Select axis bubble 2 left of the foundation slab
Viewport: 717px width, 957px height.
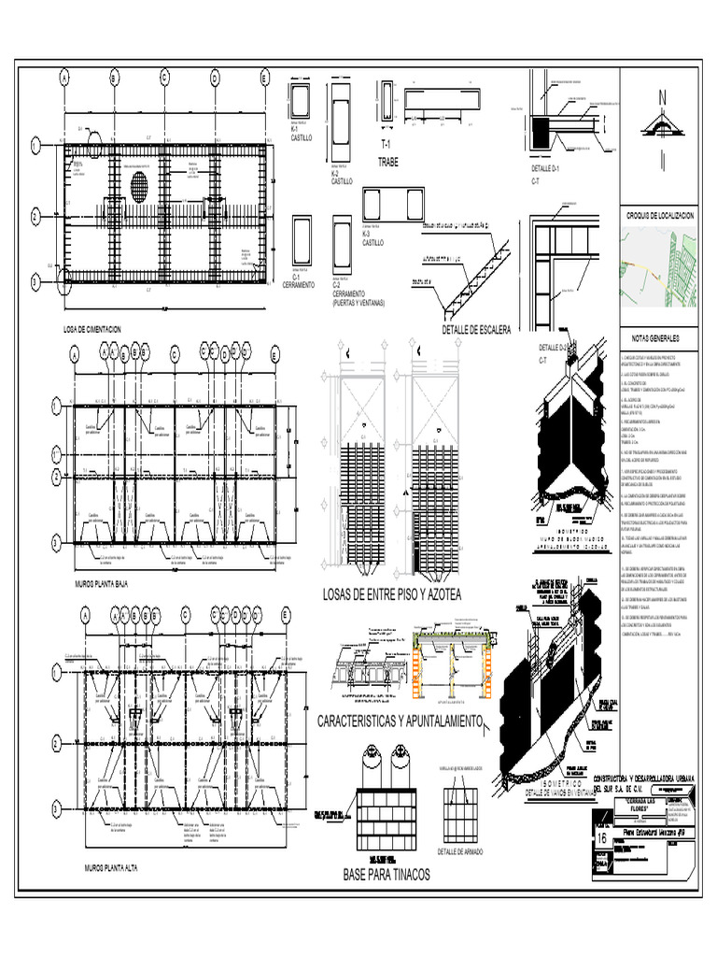(x=35, y=216)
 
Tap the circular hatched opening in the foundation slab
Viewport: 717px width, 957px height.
(x=139, y=181)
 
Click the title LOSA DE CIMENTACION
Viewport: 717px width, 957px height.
(x=93, y=329)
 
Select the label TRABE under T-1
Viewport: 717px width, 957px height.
(x=387, y=162)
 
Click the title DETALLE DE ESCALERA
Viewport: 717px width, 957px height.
(x=477, y=330)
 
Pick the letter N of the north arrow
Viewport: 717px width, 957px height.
(x=662, y=99)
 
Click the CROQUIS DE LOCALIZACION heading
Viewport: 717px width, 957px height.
(x=660, y=216)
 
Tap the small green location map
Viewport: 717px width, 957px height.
(x=659, y=268)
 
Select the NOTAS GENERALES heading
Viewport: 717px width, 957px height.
(x=660, y=337)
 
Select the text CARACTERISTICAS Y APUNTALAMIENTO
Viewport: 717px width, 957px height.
(x=399, y=722)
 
